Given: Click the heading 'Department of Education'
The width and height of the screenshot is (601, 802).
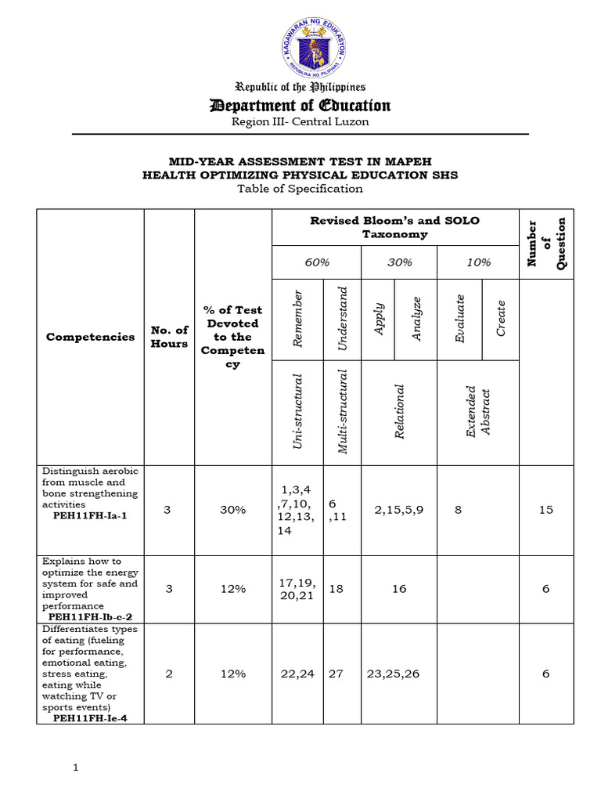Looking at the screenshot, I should [x=300, y=106].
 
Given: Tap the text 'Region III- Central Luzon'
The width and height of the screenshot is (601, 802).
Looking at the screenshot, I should [x=300, y=121].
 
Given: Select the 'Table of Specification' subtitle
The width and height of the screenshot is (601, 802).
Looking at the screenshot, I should [x=300, y=188].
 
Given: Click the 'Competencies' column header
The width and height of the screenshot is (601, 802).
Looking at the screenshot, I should [x=89, y=337].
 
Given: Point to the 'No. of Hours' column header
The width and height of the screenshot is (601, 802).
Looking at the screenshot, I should [x=169, y=337].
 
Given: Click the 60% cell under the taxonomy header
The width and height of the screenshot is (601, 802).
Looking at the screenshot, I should [x=316, y=262].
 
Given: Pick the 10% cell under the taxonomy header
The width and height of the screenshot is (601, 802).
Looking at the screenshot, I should [x=478, y=262].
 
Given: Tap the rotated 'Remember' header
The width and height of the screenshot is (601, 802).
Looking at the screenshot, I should [x=297, y=318].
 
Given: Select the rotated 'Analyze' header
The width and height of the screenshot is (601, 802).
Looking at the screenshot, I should [x=417, y=318].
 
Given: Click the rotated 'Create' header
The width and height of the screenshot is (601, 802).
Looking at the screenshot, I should [x=501, y=318].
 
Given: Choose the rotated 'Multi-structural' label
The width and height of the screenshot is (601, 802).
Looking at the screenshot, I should [x=342, y=410].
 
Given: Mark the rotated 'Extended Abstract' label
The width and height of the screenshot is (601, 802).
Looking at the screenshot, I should [x=477, y=410].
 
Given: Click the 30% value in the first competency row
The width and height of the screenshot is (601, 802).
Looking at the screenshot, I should [x=233, y=510].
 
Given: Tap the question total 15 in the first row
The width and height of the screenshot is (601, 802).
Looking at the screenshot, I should [x=545, y=510].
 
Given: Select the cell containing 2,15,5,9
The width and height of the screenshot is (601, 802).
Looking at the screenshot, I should [x=399, y=510].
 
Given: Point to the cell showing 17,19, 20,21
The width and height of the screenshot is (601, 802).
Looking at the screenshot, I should [x=297, y=589].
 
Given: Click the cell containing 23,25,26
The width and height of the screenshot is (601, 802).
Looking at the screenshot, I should [x=399, y=674].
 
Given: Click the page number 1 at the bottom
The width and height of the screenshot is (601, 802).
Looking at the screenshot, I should [x=76, y=768].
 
